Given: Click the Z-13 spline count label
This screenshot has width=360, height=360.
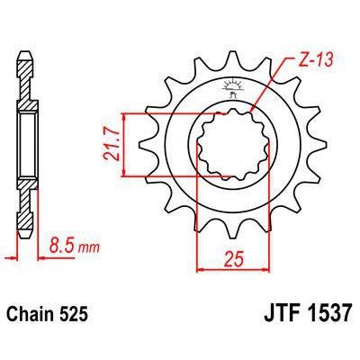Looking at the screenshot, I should [x=308, y=63].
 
